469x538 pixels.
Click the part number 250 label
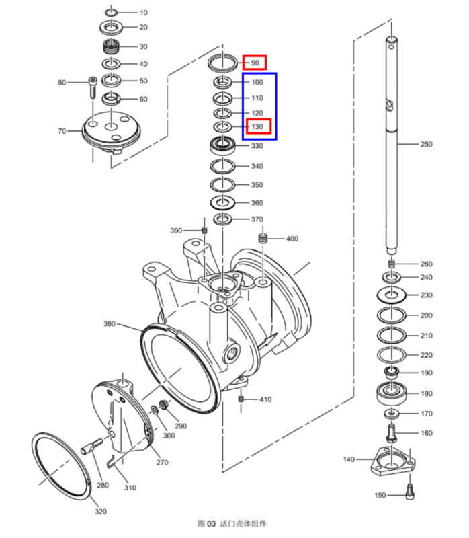pos(426,145)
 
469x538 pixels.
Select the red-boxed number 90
pos(255,63)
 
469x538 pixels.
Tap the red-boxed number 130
pos(257,126)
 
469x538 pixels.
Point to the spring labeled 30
pos(111,46)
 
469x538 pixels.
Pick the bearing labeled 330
pos(221,145)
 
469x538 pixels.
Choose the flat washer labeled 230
pos(392,295)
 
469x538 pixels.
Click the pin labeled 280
pos(92,445)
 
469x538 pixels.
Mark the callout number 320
pos(100,511)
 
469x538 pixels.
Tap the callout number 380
pos(110,324)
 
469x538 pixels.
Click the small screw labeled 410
pos(241,399)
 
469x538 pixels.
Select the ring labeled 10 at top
pos(112,13)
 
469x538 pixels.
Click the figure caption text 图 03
pos(206,523)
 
